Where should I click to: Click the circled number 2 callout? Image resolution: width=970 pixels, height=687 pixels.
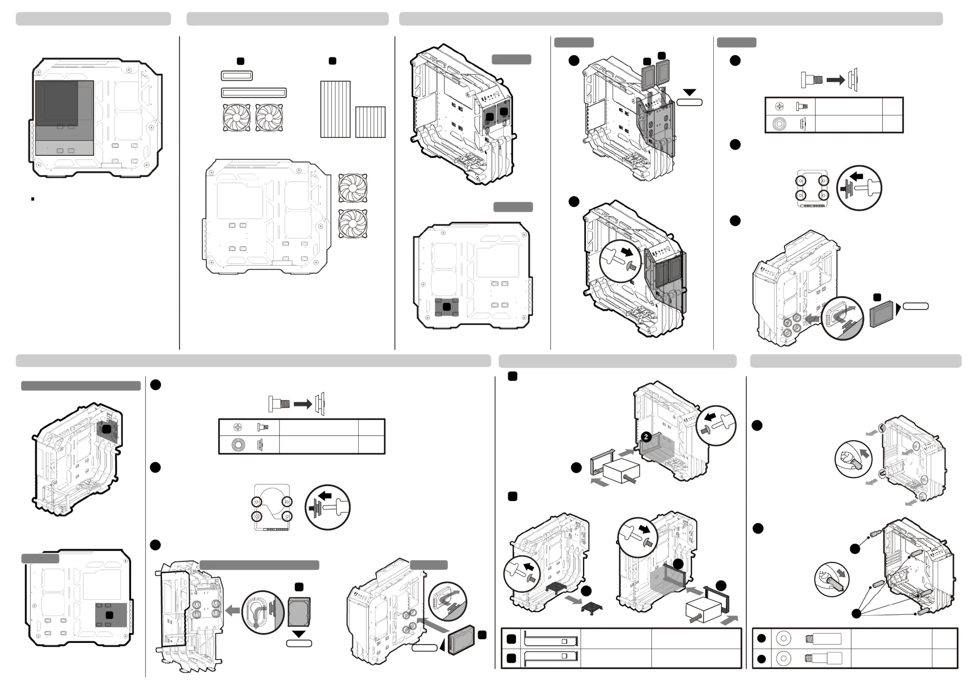click(646, 437)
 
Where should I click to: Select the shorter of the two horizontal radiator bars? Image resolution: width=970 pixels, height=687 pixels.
click(237, 76)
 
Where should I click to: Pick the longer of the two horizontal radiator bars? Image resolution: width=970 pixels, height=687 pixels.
click(254, 93)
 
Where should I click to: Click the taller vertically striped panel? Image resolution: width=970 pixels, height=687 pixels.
click(335, 109)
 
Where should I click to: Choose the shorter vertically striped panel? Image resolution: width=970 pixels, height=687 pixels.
click(370, 122)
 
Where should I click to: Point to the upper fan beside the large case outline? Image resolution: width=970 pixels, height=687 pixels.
click(353, 188)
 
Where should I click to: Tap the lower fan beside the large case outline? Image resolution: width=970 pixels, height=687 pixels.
click(353, 223)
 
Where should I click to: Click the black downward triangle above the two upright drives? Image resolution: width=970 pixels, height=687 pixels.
click(689, 92)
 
